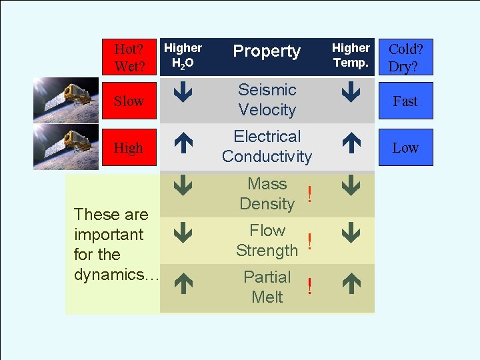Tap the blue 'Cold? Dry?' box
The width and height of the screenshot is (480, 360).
(405, 57)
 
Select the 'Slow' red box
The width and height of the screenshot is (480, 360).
(129, 101)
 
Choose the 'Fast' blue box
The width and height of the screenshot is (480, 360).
(405, 101)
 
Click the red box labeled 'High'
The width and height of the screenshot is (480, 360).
(129, 148)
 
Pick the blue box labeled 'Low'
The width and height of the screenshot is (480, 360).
(405, 148)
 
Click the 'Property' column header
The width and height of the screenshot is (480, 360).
(267, 51)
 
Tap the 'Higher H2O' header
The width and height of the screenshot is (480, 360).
(183, 56)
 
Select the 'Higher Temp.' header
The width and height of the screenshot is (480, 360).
(351, 56)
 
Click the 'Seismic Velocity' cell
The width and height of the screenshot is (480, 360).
(267, 99)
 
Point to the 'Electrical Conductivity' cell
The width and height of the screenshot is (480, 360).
(267, 147)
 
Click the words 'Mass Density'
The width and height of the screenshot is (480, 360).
(267, 194)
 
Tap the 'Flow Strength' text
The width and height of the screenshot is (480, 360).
(267, 241)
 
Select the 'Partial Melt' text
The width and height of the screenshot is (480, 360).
(267, 287)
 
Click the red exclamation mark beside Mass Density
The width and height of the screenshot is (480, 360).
(309, 194)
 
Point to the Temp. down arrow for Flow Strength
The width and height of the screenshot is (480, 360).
(351, 233)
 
